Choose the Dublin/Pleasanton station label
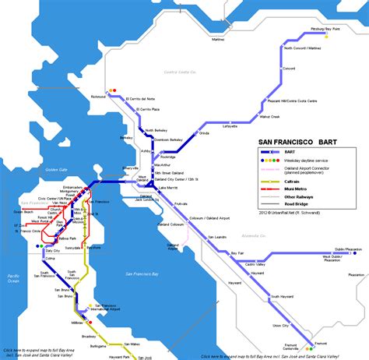click(x=346, y=249)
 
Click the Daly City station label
click(x=52, y=251)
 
